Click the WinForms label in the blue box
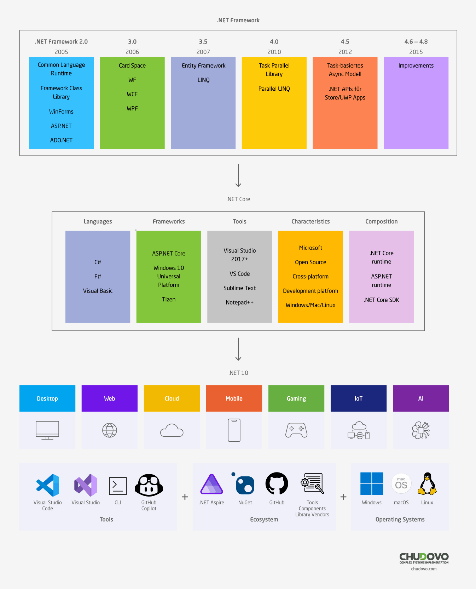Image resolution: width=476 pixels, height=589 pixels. (x=61, y=112)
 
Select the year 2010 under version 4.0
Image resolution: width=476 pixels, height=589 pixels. (x=274, y=52)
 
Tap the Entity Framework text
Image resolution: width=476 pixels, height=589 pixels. (x=203, y=66)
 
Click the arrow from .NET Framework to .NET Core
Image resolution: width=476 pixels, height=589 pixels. (x=238, y=175)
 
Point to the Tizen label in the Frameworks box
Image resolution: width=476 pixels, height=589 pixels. (x=169, y=299)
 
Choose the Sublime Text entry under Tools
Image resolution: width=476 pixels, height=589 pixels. (x=239, y=288)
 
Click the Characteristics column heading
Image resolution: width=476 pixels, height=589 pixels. (x=310, y=221)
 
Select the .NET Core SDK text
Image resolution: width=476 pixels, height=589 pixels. (x=381, y=300)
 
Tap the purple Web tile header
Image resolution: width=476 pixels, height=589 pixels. (x=110, y=398)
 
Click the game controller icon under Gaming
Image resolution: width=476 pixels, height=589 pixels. (x=296, y=430)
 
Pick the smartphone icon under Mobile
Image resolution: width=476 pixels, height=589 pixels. (x=234, y=430)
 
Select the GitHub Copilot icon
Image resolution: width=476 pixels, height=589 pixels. (x=149, y=485)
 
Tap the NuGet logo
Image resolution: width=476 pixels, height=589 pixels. (x=245, y=485)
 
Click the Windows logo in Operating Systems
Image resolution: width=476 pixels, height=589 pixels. (x=372, y=484)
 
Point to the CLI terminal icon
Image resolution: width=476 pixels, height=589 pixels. (x=118, y=486)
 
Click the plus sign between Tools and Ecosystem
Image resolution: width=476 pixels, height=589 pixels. (x=185, y=497)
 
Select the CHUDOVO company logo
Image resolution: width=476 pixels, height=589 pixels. (x=424, y=558)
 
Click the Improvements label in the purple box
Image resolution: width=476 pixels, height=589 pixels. (x=416, y=66)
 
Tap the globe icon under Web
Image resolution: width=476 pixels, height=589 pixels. (x=110, y=430)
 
